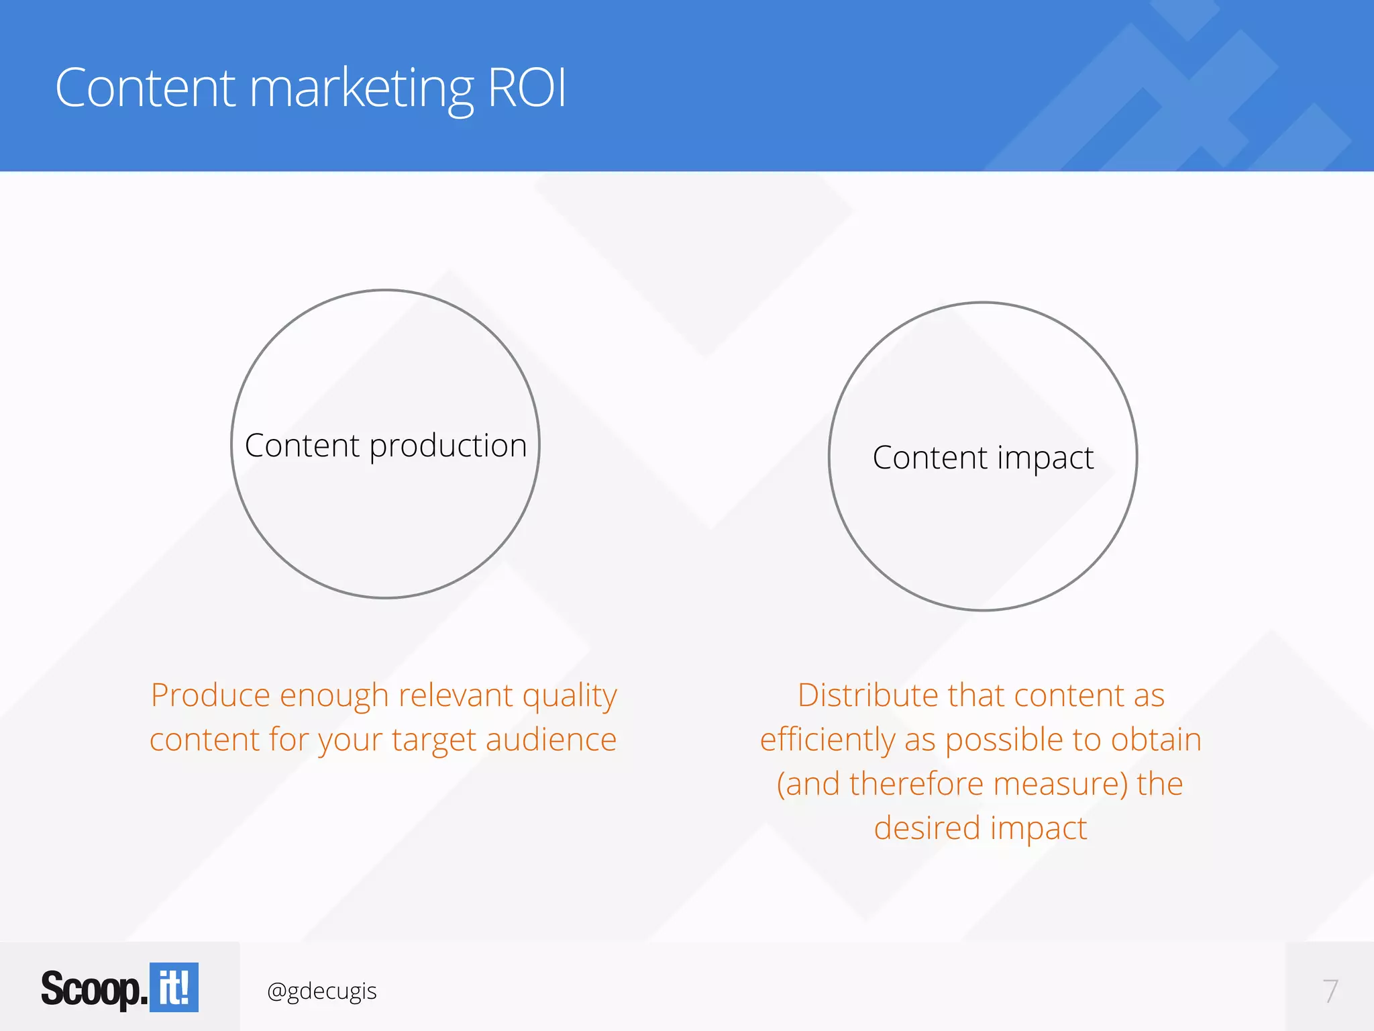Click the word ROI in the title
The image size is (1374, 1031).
click(x=527, y=88)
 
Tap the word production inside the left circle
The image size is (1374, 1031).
click(x=448, y=446)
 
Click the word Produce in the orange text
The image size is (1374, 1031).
click(x=211, y=695)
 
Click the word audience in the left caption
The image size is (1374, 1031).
click(x=551, y=740)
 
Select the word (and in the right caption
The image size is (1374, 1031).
click(x=808, y=784)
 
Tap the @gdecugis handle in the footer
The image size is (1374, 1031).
click(x=321, y=991)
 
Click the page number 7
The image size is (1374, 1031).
click(x=1330, y=991)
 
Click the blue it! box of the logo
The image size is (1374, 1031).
click(x=174, y=987)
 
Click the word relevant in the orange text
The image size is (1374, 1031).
click(x=456, y=695)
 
